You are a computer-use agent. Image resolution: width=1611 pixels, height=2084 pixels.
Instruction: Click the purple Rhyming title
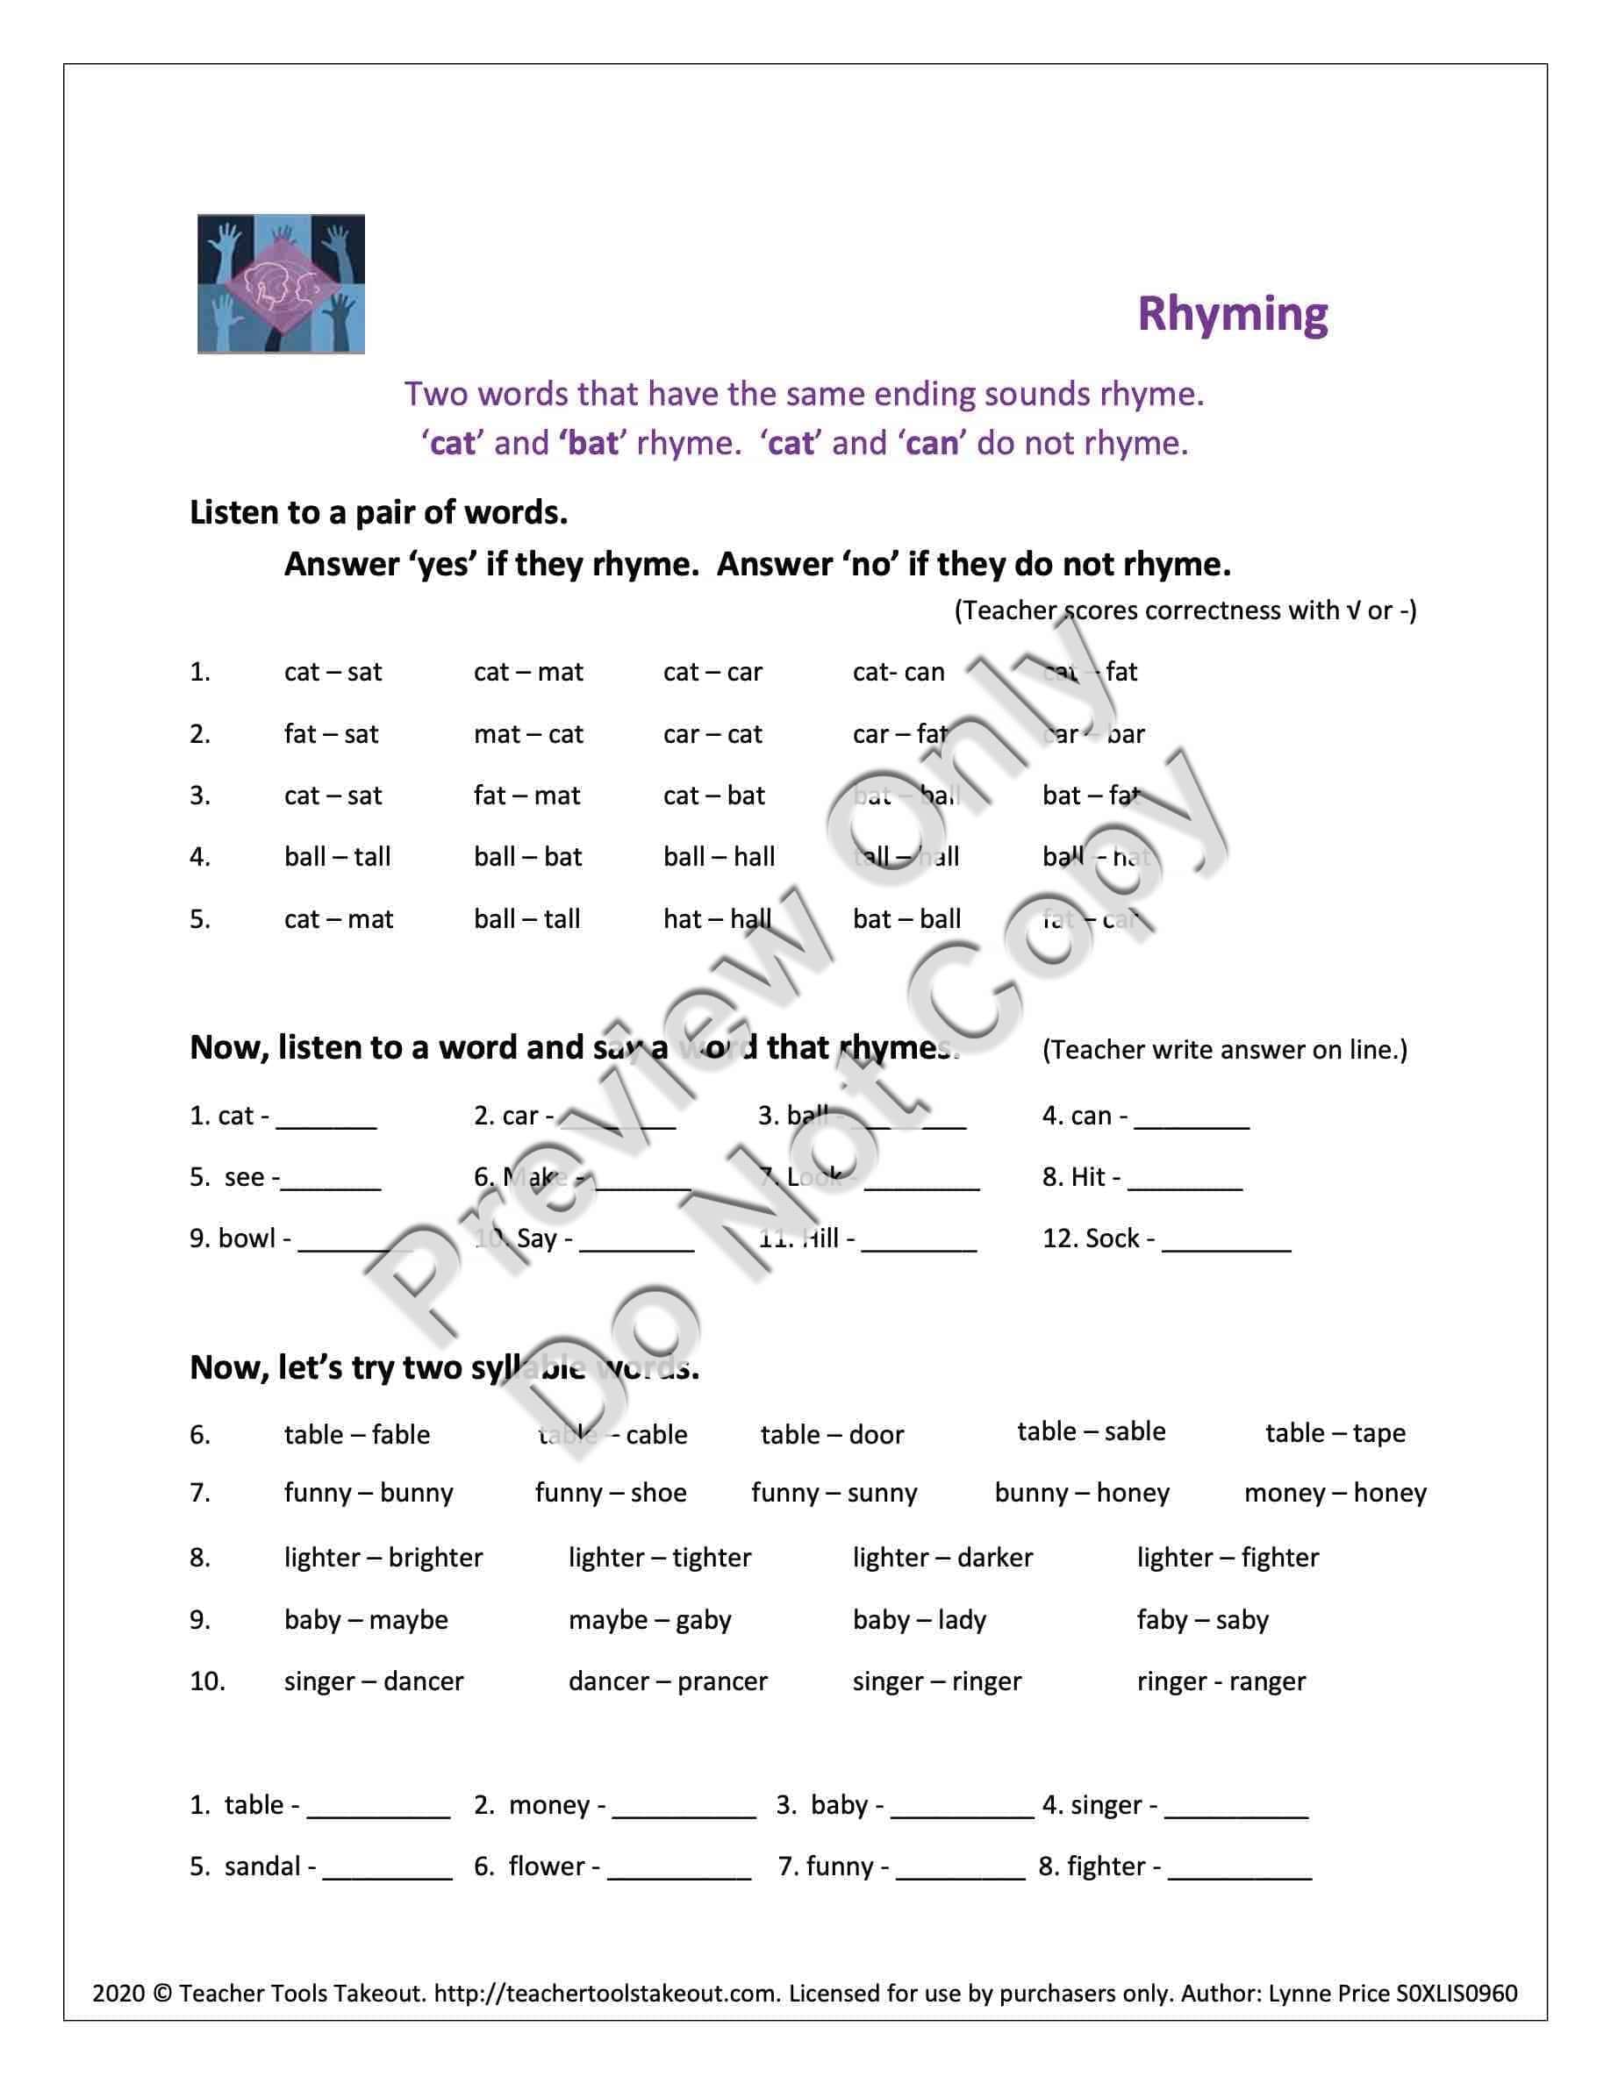coord(1231,314)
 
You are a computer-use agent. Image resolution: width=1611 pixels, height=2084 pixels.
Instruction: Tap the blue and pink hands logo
coord(281,283)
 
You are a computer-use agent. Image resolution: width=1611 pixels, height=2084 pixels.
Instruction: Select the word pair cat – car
coord(712,672)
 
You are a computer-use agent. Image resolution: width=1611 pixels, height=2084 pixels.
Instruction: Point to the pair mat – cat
coord(527,734)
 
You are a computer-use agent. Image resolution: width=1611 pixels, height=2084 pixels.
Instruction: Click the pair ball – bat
coord(527,857)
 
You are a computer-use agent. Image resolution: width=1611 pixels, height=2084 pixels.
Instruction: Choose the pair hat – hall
coord(717,919)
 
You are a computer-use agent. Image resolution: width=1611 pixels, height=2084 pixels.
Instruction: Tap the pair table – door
coord(831,1434)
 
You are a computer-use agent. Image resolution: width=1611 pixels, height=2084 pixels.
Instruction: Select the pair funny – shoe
coord(610,1492)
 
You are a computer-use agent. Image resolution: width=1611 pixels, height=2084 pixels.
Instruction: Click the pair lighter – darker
coord(942,1557)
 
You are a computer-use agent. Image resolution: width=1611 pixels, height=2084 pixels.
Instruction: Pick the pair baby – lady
coord(919,1619)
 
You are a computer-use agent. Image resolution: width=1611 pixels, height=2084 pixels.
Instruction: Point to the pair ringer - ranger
coord(1221,1681)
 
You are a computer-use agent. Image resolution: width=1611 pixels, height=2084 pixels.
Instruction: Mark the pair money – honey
coord(1335,1492)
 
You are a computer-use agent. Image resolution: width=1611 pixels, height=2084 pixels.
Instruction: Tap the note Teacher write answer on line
coord(1223,1050)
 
